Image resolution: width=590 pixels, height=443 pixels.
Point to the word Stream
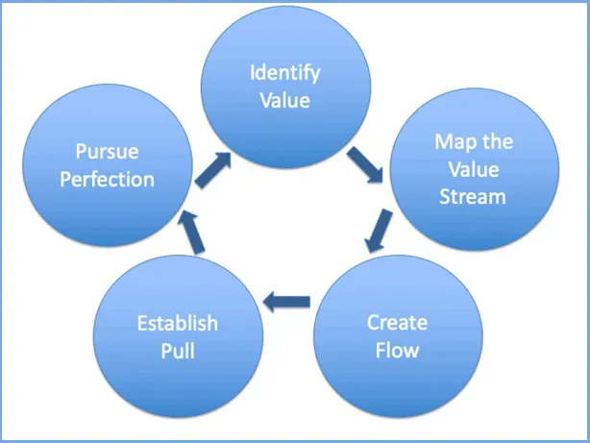pyautogui.click(x=474, y=198)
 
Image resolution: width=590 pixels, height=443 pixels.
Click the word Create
pyautogui.click(x=396, y=323)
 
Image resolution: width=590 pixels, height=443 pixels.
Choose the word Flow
pyautogui.click(x=396, y=350)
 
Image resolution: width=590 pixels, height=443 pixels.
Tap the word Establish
pyautogui.click(x=176, y=323)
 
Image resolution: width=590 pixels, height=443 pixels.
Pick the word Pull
pyautogui.click(x=177, y=350)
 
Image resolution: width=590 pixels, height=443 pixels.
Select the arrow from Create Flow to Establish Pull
pyautogui.click(x=286, y=302)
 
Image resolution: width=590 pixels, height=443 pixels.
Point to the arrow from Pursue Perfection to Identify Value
pyautogui.click(x=212, y=168)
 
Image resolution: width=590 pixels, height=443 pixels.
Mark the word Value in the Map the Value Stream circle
pyautogui.click(x=474, y=170)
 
